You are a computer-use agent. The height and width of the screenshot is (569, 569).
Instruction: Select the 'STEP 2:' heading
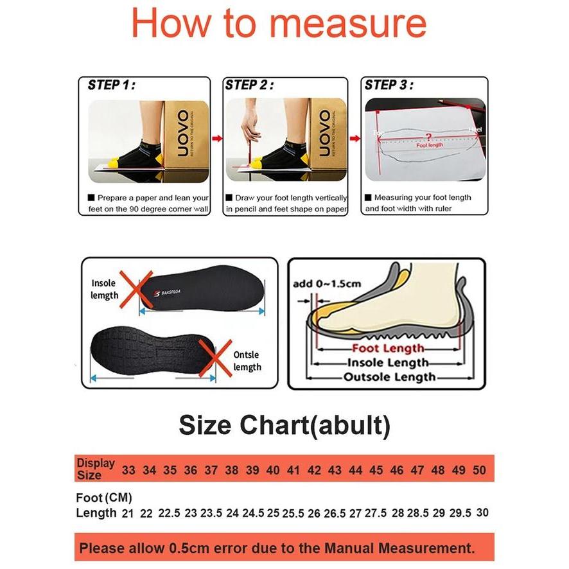(x=250, y=85)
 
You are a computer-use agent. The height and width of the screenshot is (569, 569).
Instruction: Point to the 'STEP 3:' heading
(x=389, y=85)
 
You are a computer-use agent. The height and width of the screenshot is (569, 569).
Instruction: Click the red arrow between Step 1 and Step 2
(x=217, y=137)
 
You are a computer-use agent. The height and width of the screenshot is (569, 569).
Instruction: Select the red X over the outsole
(x=214, y=358)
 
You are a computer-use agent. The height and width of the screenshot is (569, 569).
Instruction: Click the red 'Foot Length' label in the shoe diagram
(x=388, y=349)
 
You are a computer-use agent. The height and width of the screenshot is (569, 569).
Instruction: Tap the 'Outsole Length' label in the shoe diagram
(x=389, y=377)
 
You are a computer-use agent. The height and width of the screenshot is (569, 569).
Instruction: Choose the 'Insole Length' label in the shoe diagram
(x=388, y=363)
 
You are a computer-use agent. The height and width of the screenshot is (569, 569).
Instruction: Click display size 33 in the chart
(x=128, y=470)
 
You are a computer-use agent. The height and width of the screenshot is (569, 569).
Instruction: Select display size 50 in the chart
(x=479, y=470)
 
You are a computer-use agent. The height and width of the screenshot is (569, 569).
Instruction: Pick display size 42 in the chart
(x=314, y=470)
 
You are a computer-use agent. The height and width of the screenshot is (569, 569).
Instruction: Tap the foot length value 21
(x=127, y=513)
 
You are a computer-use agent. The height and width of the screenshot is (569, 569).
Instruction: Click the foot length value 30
(x=482, y=513)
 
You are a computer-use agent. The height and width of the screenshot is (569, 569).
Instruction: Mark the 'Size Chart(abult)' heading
(x=284, y=425)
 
